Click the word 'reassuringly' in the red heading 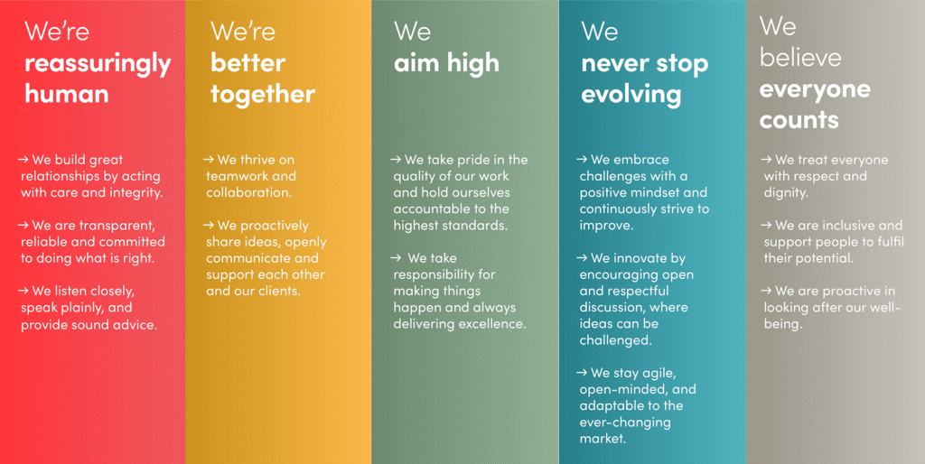point(98,64)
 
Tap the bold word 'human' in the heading point(67,94)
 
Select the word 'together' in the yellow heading point(263,95)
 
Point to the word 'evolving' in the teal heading point(631,95)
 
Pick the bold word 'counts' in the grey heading point(799,120)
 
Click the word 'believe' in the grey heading point(800,57)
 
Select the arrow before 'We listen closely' point(23,291)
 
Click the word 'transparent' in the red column point(122,225)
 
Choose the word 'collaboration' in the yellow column point(249,192)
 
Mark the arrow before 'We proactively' point(209,225)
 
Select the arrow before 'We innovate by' point(582,257)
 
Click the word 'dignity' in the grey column point(787,193)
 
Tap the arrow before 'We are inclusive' point(766,225)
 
